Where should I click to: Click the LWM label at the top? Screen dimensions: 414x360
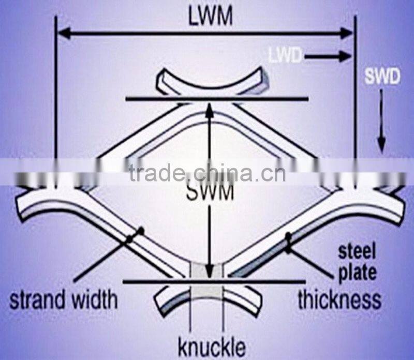coord(211,17)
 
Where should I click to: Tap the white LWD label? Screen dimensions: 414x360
coord(285,56)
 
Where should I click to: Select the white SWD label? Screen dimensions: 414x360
coord(382,77)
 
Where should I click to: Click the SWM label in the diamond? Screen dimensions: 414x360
coord(210,192)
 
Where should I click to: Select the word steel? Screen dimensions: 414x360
coord(357,251)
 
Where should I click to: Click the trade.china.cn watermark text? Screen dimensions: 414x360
coord(208,173)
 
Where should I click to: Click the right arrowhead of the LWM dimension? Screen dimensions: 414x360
coord(346,34)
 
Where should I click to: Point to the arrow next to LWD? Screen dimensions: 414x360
coord(328,56)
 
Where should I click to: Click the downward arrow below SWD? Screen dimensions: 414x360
coord(381,121)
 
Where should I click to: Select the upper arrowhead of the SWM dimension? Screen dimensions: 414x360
coord(210,109)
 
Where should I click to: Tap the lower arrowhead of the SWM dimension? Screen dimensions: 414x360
coord(209,272)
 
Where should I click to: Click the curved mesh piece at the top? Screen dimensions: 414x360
coord(212,82)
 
